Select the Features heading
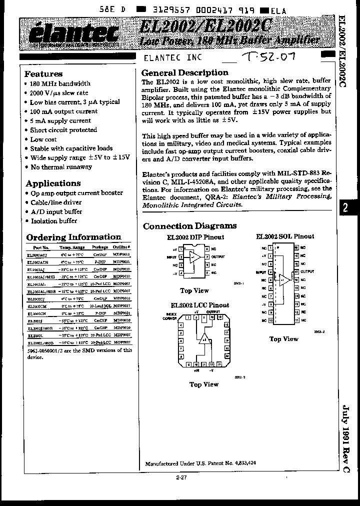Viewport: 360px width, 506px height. tap(44, 73)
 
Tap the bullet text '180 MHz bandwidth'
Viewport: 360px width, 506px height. tap(60, 83)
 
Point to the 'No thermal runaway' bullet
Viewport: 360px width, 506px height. tap(61, 167)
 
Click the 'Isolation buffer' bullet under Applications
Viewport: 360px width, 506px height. tap(53, 221)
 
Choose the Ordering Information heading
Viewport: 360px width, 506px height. tap(73, 237)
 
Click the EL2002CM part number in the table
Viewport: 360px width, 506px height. tap(37, 305)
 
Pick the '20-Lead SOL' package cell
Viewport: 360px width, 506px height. tap(100, 305)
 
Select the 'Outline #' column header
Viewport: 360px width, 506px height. tap(122, 247)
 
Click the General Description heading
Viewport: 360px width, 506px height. tap(185, 72)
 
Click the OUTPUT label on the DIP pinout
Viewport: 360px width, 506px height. tap(218, 256)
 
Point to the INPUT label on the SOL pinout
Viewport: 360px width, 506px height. tap(261, 272)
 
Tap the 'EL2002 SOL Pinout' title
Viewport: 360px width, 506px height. tap(285, 236)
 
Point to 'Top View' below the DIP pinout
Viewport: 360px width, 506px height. tap(194, 290)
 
